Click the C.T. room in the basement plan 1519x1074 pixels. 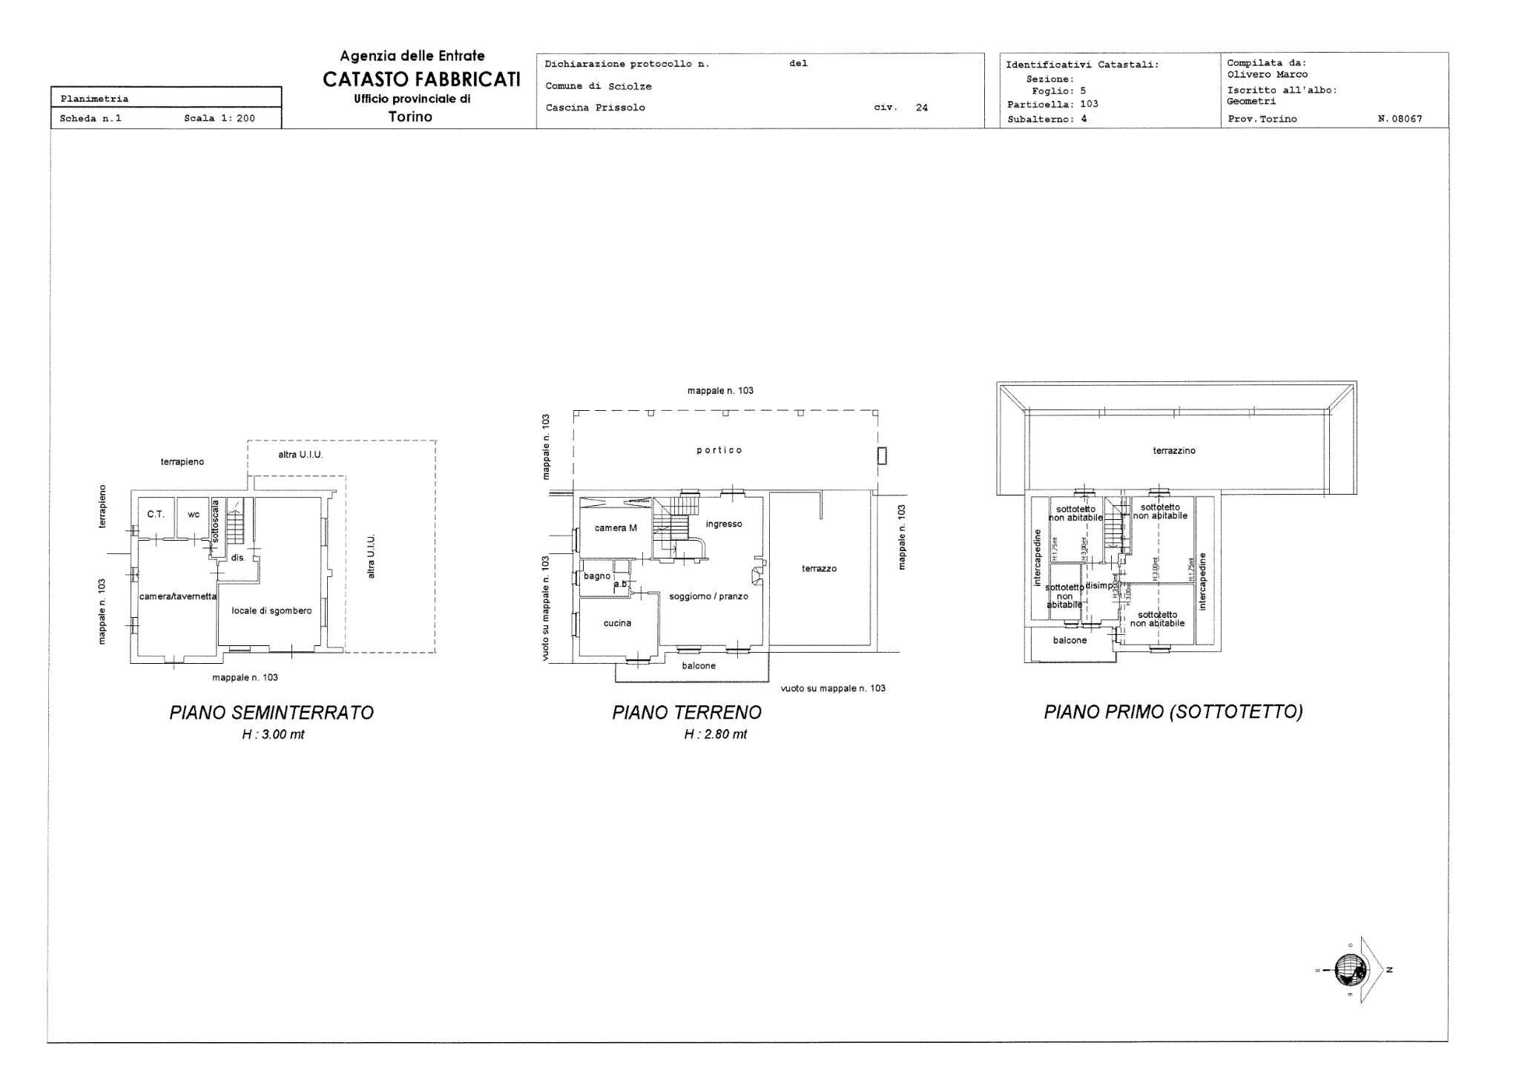point(155,514)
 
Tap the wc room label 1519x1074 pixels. point(193,515)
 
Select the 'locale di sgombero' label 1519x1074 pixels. point(271,610)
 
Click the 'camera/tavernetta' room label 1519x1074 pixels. point(178,596)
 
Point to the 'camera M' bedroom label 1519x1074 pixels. point(616,528)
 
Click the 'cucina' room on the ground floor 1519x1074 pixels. point(617,623)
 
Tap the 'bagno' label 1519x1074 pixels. point(596,576)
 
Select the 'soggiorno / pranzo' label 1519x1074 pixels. point(708,596)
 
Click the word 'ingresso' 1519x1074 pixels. point(724,524)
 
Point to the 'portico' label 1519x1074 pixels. point(719,450)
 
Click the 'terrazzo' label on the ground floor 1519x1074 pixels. point(819,568)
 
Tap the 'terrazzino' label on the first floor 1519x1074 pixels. point(1174,450)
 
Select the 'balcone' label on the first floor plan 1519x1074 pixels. point(1070,640)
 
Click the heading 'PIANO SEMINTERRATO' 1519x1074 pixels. point(271,712)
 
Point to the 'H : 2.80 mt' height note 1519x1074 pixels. point(715,734)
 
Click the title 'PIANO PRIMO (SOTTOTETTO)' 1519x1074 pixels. point(1173,712)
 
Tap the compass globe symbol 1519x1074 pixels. point(1351,969)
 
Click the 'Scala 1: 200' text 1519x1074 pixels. point(219,118)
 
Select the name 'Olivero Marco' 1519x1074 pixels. point(1267,74)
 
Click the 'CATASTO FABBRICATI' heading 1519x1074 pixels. point(421,80)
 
